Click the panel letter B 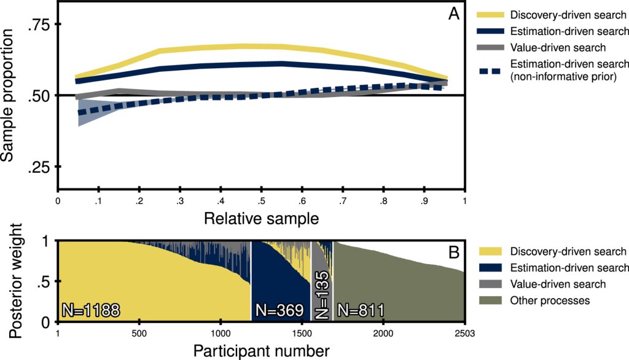coord(454,251)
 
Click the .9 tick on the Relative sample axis coord(424,201)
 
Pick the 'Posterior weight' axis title coord(17,281)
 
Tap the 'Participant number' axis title coord(261,351)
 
